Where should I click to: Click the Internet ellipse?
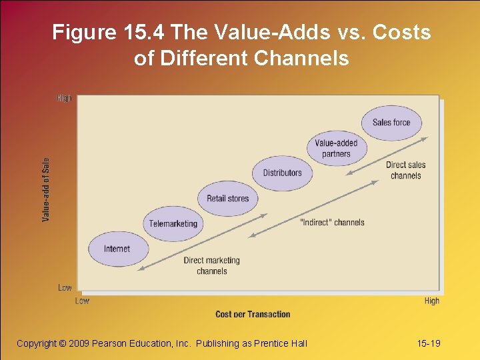[117, 249]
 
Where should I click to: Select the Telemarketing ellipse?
[173, 224]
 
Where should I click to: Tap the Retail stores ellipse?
[227, 199]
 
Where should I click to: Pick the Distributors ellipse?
[282, 173]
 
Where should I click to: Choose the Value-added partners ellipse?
[336, 149]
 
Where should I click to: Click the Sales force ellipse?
[391, 123]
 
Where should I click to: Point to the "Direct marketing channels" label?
[211, 265]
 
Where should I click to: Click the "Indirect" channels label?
[332, 222]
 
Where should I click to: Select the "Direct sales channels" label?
[405, 171]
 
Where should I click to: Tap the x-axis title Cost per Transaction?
[253, 314]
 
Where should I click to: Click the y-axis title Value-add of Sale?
[46, 189]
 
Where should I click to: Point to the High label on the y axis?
[64, 98]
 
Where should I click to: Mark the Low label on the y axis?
[65, 288]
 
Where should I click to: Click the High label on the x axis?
[431, 301]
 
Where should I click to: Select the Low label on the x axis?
[82, 301]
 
